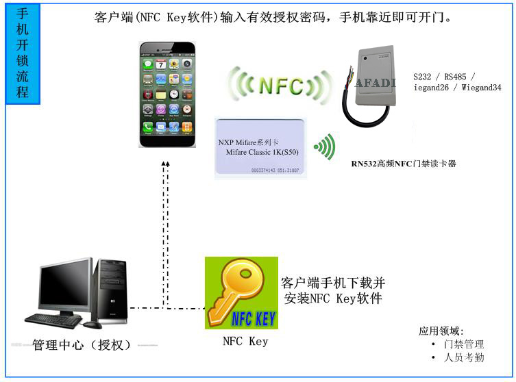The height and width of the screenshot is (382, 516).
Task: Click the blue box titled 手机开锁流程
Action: [x=23, y=53]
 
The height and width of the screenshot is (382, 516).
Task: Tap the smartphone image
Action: [x=167, y=94]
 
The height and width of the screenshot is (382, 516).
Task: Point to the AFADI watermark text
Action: [x=376, y=84]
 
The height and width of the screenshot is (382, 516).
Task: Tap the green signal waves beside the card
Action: [x=325, y=147]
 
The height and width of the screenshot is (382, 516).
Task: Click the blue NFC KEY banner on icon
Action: [x=254, y=319]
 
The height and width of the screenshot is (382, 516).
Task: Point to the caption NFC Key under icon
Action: [x=245, y=342]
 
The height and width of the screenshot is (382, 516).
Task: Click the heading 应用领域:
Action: [x=441, y=331]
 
